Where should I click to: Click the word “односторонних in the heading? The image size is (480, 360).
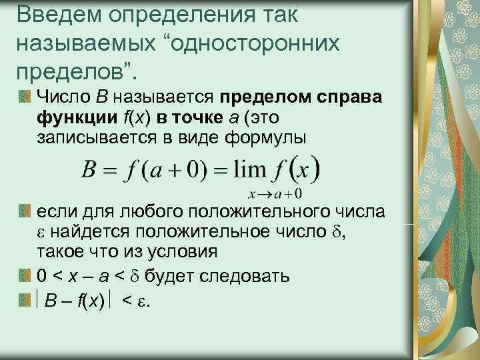tap(256, 42)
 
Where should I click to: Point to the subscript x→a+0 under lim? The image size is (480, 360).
tap(275, 194)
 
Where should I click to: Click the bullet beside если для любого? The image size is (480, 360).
tap(25, 213)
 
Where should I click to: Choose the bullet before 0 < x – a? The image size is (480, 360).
tap(25, 274)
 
